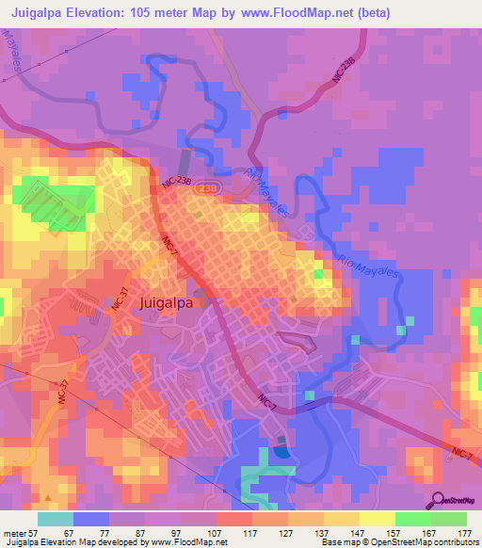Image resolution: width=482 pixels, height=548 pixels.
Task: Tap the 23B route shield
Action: click(204, 188)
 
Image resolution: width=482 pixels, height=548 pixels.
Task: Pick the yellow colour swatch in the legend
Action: click(378, 519)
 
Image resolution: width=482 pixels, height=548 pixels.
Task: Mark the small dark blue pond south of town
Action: click(282, 453)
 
